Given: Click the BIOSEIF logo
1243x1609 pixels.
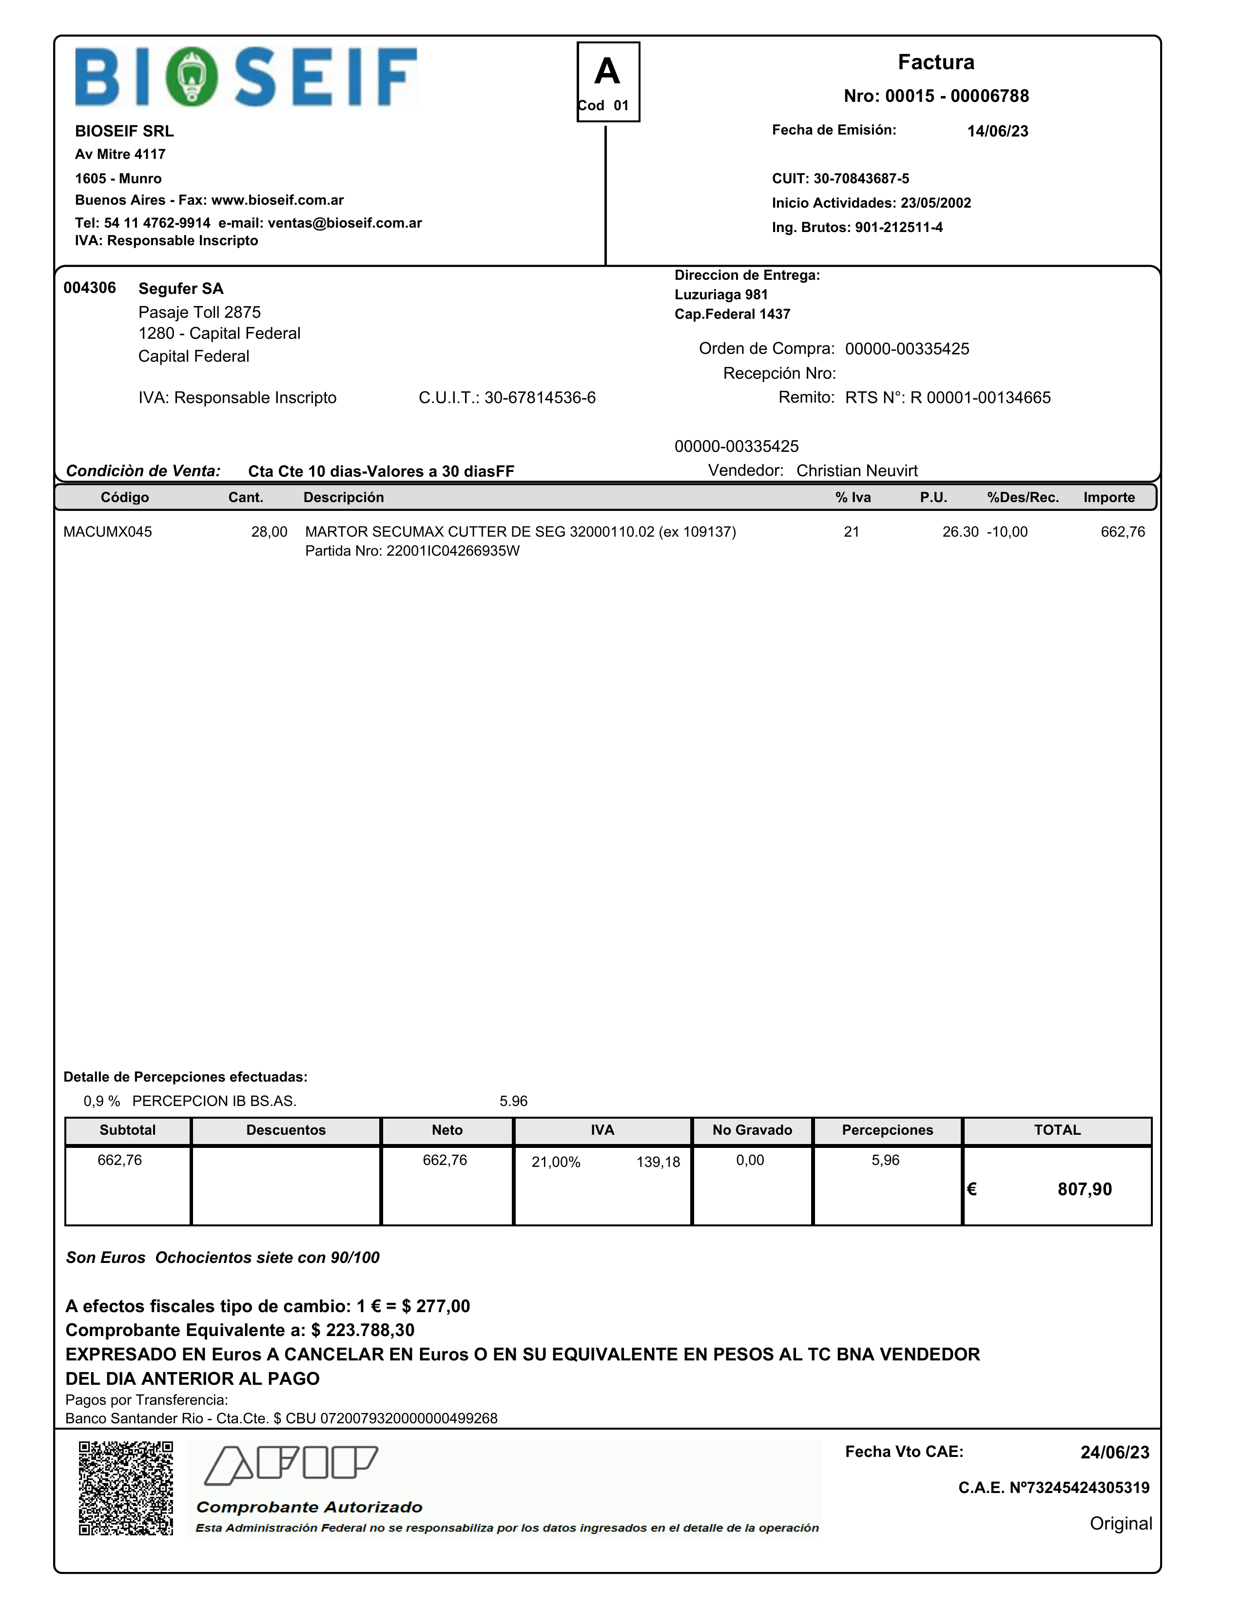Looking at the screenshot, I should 246,78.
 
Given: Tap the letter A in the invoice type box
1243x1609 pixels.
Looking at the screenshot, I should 607,72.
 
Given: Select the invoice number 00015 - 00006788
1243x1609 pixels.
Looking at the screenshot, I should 936,96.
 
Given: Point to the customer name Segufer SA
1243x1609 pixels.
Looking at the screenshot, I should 180,289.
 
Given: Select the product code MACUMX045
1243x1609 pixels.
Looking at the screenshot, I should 108,532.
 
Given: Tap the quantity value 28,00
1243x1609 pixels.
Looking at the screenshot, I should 269,532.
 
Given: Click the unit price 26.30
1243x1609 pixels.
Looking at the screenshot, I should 960,532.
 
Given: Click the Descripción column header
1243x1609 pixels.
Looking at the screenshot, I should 343,497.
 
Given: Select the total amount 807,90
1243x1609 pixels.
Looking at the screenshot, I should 1084,1189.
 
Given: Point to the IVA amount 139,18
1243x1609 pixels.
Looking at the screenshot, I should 658,1163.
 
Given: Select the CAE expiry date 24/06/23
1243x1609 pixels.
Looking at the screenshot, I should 1114,1452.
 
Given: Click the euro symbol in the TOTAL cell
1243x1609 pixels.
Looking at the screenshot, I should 972,1189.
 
